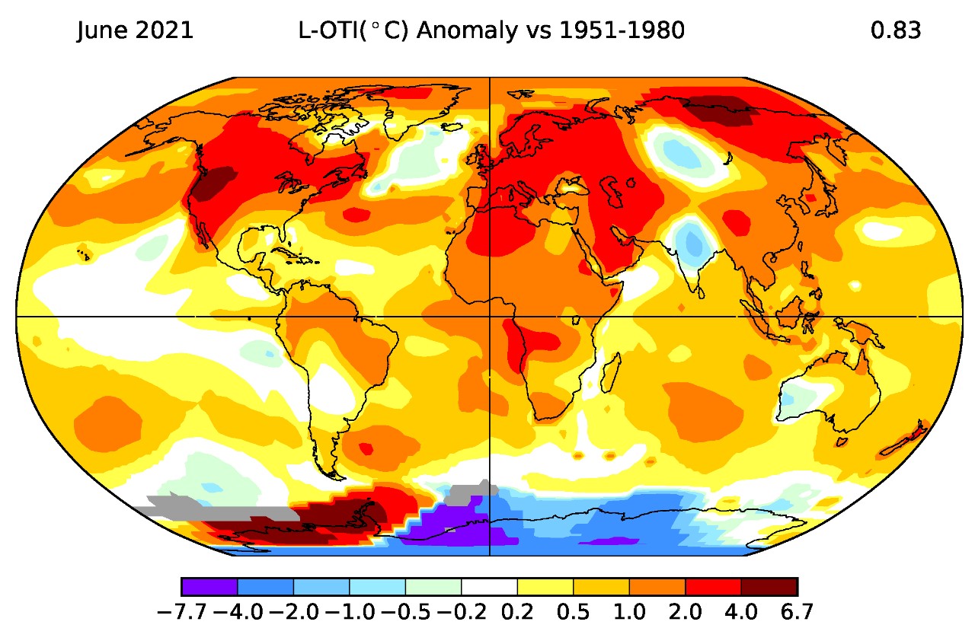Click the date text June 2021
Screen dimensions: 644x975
coord(135,31)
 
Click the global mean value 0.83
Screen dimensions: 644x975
coord(895,31)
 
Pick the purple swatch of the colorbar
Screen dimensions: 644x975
coord(209,587)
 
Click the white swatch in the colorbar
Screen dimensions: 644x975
coord(489,587)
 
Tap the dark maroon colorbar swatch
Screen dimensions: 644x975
coord(769,587)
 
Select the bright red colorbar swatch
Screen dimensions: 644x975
coord(713,587)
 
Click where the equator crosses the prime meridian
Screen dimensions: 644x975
coord(488,316)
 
